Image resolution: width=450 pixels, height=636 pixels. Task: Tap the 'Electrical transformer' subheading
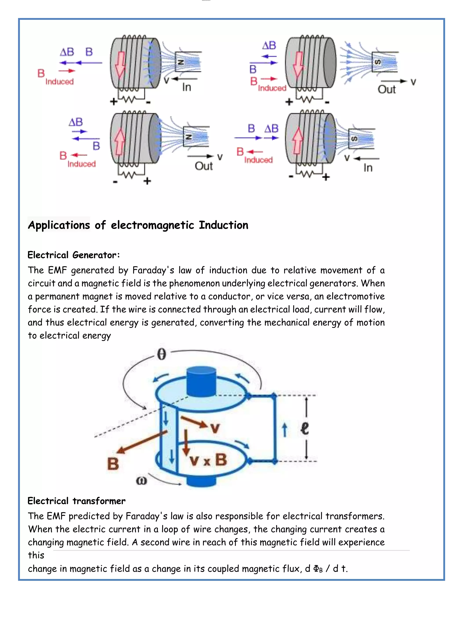pyautogui.click(x=76, y=501)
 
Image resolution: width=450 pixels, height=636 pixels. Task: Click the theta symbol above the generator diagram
pyautogui.click(x=161, y=354)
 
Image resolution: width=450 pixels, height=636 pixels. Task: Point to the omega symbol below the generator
pyautogui.click(x=141, y=481)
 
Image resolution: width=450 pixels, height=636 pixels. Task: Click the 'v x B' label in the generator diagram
pyautogui.click(x=208, y=460)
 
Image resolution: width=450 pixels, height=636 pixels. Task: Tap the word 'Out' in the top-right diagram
pyautogui.click(x=386, y=89)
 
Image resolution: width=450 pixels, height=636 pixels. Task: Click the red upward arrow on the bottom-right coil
pyautogui.click(x=298, y=141)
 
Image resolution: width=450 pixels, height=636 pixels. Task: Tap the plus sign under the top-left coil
pyautogui.click(x=113, y=102)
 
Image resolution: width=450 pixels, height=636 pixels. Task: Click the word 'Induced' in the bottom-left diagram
pyautogui.click(x=82, y=164)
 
